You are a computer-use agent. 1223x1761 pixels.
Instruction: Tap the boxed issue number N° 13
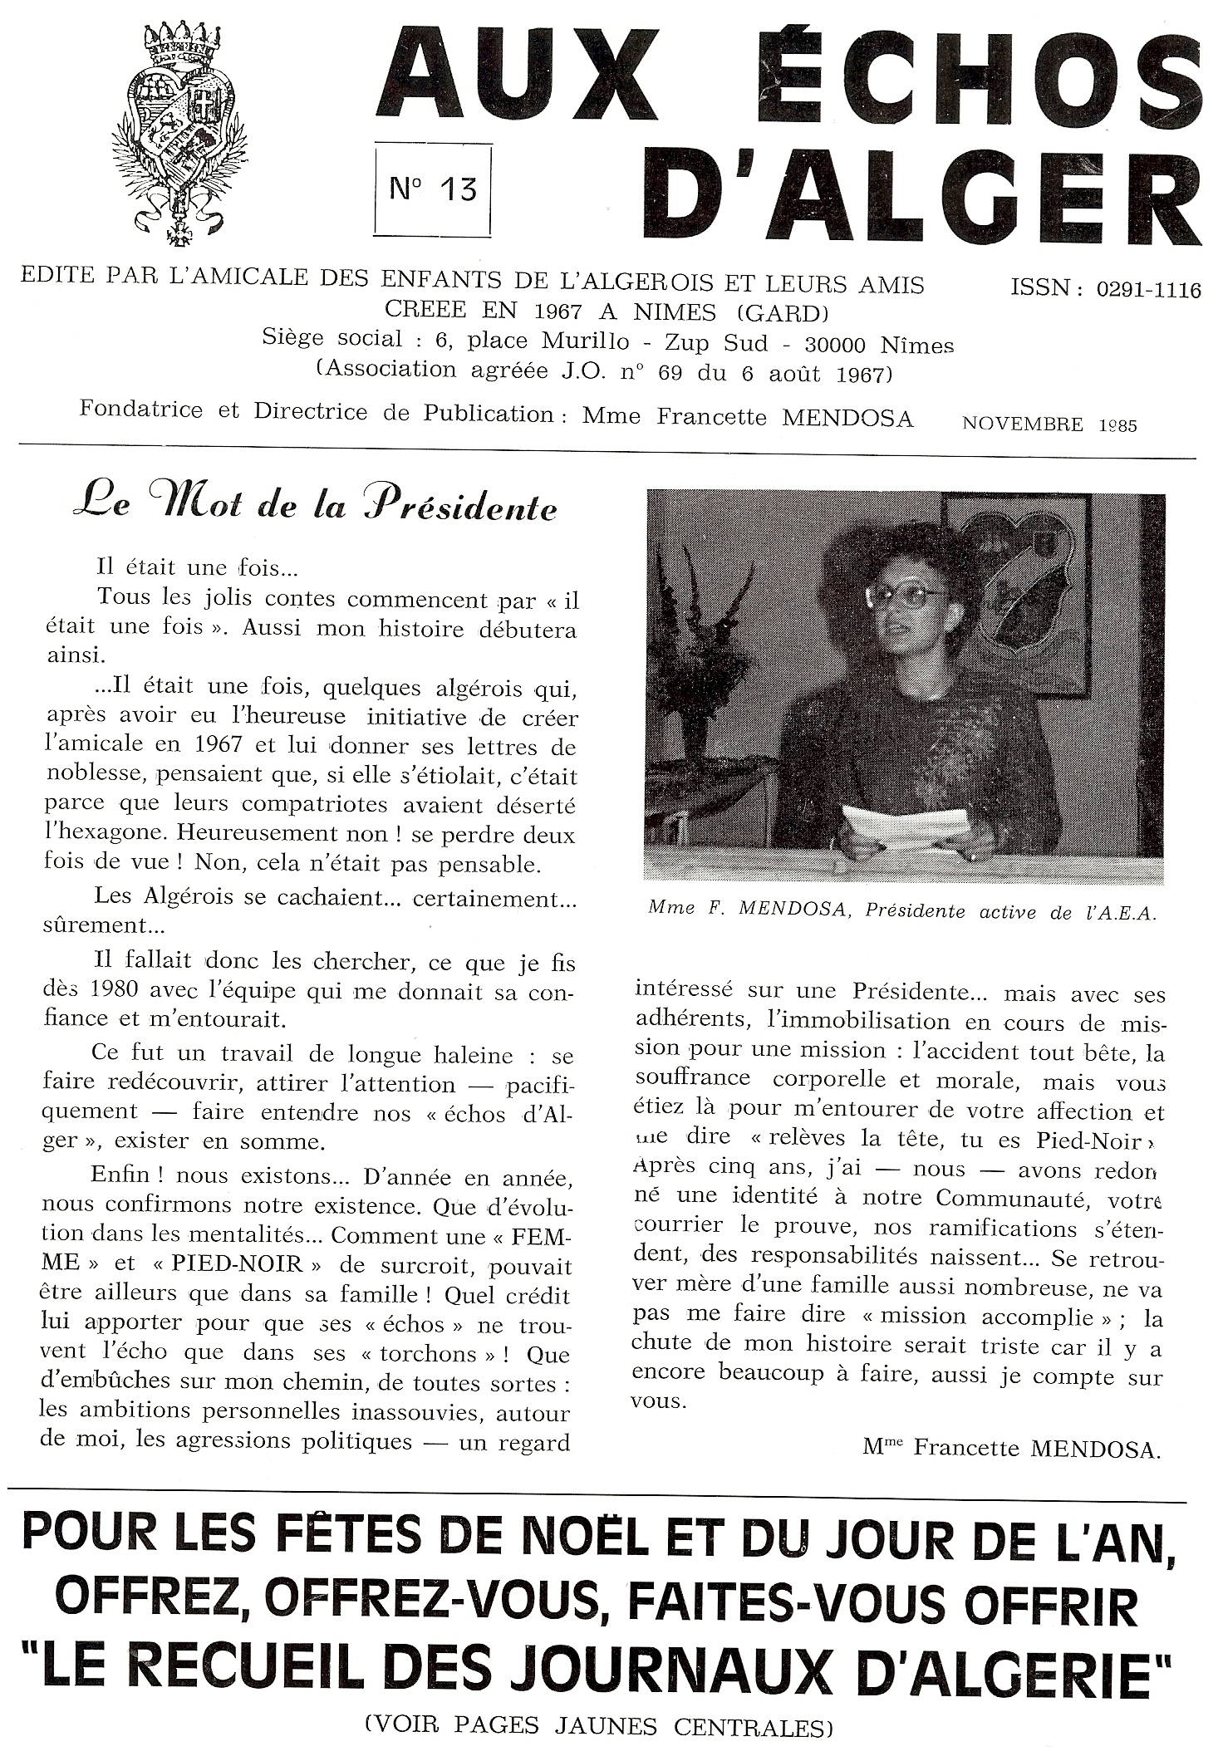tap(433, 189)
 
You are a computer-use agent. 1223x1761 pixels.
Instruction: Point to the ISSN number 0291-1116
tap(1148, 290)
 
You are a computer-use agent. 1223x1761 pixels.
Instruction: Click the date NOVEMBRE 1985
tap(1049, 424)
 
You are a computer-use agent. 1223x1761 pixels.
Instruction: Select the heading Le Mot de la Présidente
tap(315, 506)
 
